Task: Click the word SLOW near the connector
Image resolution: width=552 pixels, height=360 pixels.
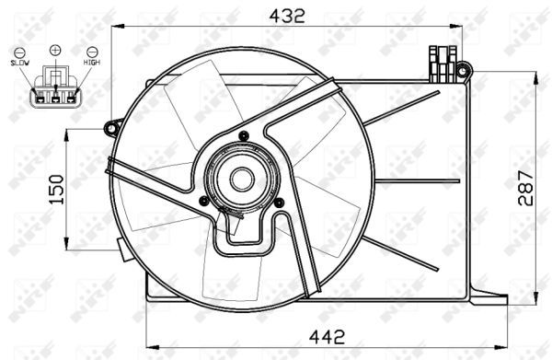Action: [x=19, y=62]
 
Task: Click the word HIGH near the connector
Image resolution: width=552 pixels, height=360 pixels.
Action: [x=92, y=62]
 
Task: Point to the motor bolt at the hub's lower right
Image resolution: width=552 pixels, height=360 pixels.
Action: [x=276, y=195]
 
